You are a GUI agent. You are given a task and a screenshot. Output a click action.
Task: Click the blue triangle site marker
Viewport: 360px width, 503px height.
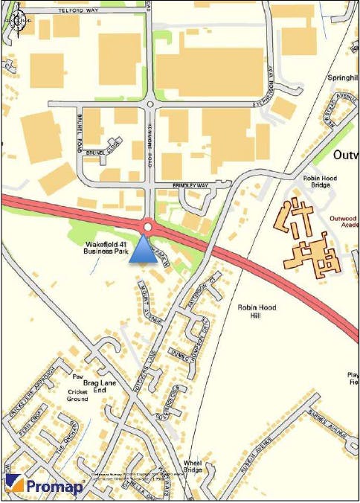click(141, 253)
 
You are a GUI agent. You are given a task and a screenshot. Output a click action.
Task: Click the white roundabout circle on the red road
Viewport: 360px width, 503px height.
click(148, 226)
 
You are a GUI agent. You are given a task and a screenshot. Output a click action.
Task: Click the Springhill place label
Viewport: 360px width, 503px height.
click(343, 77)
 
